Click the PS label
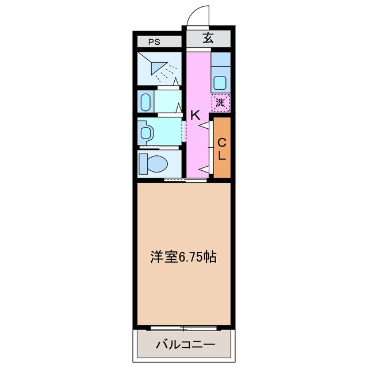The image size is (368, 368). (154, 41)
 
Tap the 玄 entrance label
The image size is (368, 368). (208, 39)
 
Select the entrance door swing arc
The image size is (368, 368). (198, 14)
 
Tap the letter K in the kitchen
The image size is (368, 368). (195, 115)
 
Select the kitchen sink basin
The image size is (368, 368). (220, 82)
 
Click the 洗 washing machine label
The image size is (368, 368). (220, 103)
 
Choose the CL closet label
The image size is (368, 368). (221, 148)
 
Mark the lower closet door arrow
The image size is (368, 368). (204, 168)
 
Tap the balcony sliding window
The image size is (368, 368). (183, 328)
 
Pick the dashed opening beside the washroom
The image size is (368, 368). (183, 132)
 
